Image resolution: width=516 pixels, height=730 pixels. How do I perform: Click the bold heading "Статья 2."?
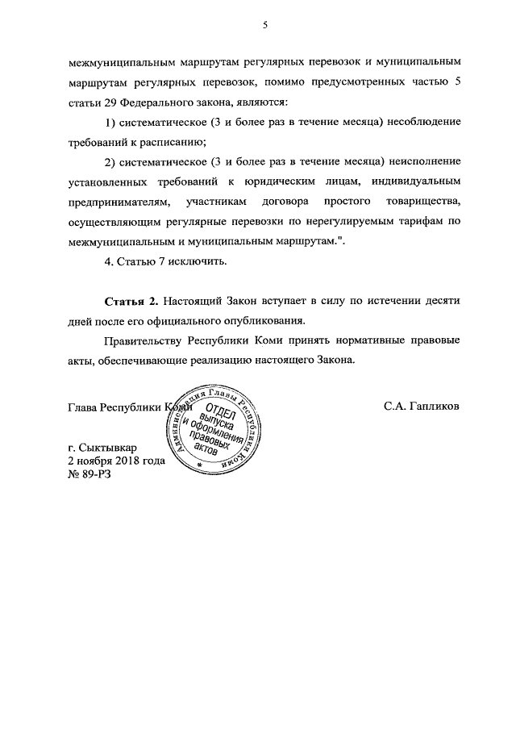[x=131, y=300]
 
